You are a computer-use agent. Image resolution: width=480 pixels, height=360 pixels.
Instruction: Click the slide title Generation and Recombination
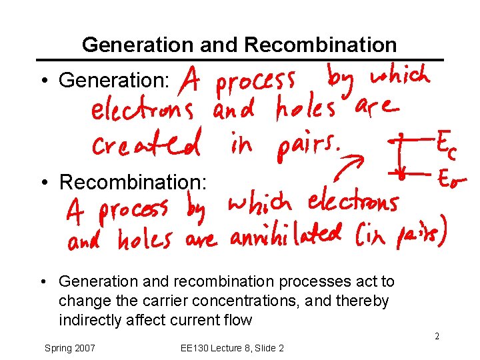[239, 45]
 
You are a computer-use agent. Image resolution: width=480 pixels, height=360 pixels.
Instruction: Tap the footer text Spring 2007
[69, 348]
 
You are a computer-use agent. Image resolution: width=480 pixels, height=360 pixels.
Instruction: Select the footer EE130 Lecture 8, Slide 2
[232, 348]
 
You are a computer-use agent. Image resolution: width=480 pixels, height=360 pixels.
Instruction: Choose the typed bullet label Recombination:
[133, 181]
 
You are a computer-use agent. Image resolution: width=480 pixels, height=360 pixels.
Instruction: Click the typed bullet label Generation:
[114, 81]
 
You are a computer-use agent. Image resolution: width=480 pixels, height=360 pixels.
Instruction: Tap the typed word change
[81, 301]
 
